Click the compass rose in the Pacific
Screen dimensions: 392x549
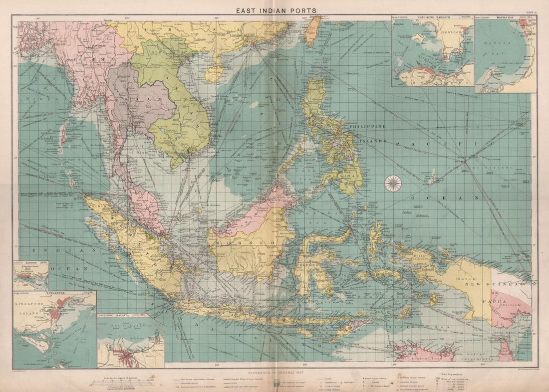click(x=393, y=183)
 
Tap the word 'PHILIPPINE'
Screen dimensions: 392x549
click(x=368, y=127)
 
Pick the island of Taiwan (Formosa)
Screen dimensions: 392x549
click(x=313, y=30)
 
